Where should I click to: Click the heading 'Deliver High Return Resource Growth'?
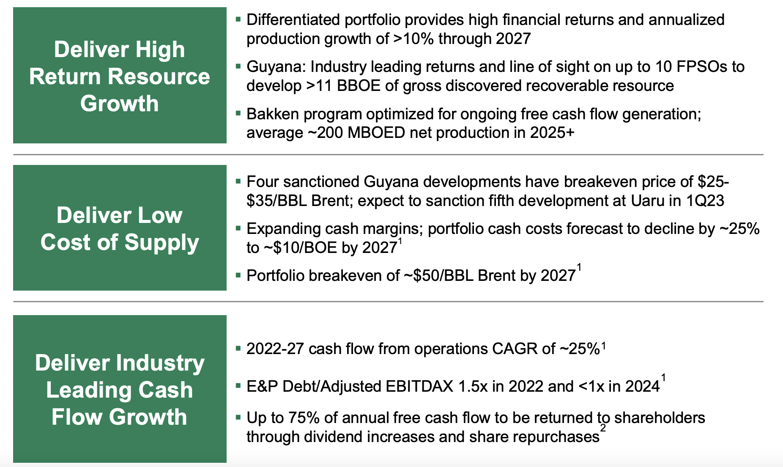pyautogui.click(x=120, y=77)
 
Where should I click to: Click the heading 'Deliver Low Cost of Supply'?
pyautogui.click(x=120, y=228)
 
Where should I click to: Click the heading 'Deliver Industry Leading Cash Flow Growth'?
pyautogui.click(x=120, y=390)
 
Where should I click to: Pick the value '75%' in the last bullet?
pyautogui.click(x=304, y=418)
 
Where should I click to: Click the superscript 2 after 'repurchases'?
pyautogui.click(x=603, y=429)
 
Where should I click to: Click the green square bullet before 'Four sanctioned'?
pyautogui.click(x=238, y=181)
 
